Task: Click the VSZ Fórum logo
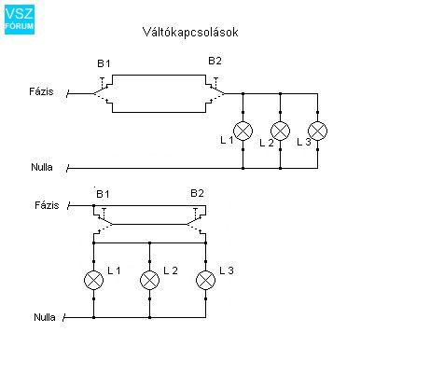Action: [x=20, y=20]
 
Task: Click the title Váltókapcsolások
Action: [x=190, y=32]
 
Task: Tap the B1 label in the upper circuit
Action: [x=104, y=63]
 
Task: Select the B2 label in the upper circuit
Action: [x=215, y=61]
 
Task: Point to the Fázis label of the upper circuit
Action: [x=41, y=91]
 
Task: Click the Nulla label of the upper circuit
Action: [x=42, y=167]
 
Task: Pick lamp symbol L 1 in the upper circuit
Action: [x=243, y=131]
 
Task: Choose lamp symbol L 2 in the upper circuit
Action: [x=280, y=131]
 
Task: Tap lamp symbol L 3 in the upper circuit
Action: [x=317, y=131]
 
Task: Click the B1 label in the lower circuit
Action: [x=103, y=194]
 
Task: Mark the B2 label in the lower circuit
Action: [x=197, y=193]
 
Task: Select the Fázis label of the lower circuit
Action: [x=47, y=205]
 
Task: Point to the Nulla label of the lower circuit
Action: [x=45, y=317]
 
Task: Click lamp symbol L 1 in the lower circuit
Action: [x=93, y=280]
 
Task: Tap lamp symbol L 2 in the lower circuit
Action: [x=149, y=280]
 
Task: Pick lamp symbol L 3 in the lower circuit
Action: [x=205, y=280]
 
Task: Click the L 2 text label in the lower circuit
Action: [x=171, y=270]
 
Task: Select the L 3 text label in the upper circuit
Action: [x=304, y=142]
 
